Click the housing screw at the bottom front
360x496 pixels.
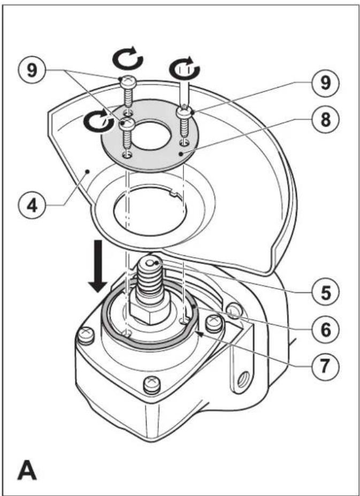click(x=152, y=385)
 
